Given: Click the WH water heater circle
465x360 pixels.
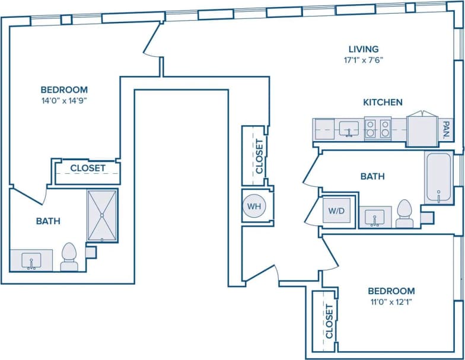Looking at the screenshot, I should (254, 206).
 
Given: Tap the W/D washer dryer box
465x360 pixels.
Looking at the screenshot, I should (336, 210).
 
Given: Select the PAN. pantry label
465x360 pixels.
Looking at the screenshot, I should (446, 129).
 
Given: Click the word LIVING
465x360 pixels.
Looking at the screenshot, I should (364, 49).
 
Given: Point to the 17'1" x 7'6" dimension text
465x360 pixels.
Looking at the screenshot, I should (364, 59).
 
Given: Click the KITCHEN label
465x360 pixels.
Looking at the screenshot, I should (383, 102).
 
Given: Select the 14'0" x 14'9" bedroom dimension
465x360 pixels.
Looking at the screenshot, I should (64, 100).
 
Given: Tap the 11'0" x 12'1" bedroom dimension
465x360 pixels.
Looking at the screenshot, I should (391, 301).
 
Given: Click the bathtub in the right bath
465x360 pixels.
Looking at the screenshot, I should (438, 177).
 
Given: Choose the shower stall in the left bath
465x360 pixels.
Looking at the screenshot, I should (103, 215).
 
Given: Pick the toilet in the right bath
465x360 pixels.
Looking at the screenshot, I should (405, 214).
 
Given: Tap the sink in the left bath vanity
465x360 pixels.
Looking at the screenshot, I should (31, 260).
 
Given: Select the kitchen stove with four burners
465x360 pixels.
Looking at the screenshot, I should (377, 129).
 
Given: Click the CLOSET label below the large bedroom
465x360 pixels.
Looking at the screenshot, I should (88, 168).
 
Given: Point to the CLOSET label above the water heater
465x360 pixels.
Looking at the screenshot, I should (259, 156).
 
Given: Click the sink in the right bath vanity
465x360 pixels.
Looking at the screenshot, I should (374, 218).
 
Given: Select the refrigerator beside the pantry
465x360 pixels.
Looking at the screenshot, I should (422, 129).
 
